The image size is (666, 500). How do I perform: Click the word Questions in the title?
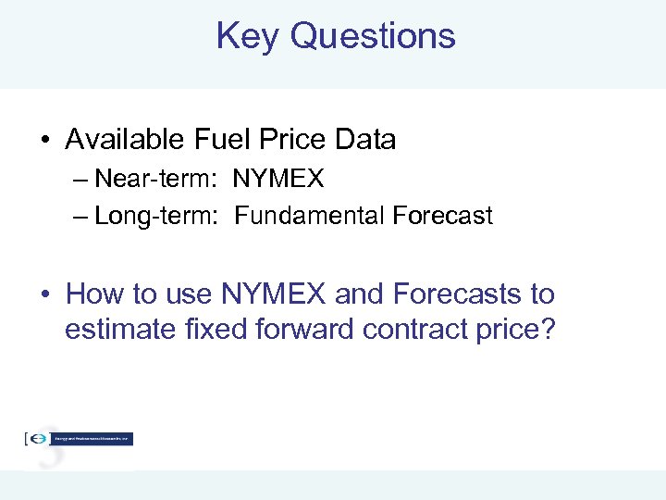click(x=372, y=36)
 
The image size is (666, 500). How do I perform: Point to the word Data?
click(x=364, y=140)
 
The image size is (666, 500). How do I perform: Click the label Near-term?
click(x=156, y=177)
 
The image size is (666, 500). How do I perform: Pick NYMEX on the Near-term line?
click(x=278, y=177)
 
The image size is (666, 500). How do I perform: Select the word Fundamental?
click(x=310, y=216)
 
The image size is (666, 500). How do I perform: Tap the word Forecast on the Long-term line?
click(x=442, y=216)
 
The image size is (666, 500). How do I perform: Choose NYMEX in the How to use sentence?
click(x=274, y=294)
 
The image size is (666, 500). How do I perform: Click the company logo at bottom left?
click(x=79, y=439)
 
